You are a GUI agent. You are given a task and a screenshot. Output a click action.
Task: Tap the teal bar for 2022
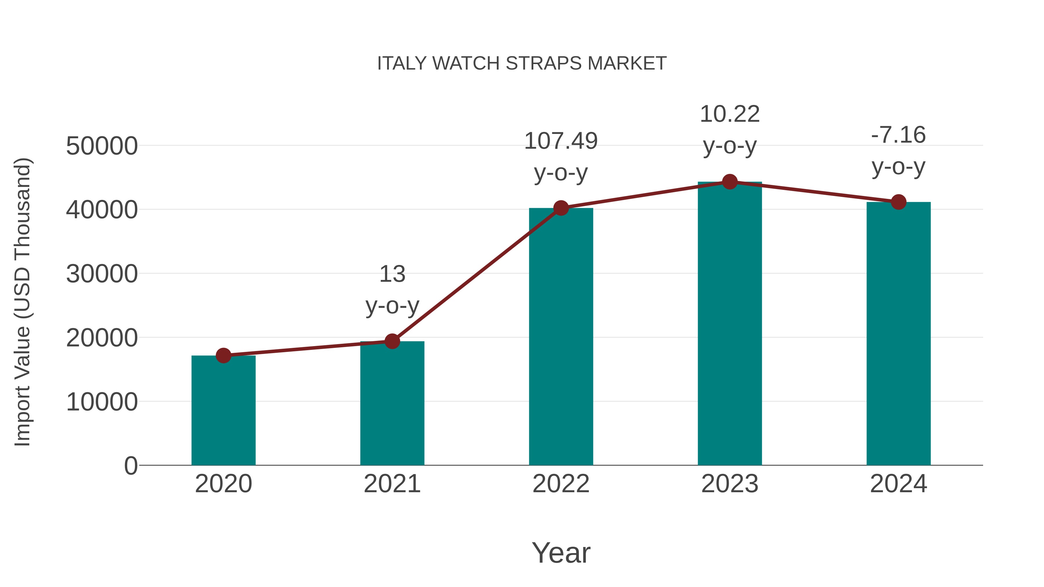click(x=561, y=336)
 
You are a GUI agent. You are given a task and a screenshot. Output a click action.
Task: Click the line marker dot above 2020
click(x=223, y=355)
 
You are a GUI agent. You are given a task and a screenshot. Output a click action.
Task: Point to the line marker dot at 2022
click(x=561, y=208)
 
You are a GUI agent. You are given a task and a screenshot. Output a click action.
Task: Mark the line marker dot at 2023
click(x=730, y=182)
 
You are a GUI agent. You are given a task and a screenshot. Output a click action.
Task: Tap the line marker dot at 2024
click(x=898, y=202)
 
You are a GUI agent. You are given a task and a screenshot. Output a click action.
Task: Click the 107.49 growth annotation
click(x=561, y=141)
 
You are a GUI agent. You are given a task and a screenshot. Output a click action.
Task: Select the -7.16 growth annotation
click(x=898, y=135)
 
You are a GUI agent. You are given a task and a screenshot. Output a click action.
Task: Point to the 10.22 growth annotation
click(x=730, y=114)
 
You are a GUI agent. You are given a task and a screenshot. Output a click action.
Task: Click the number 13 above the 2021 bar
click(x=392, y=274)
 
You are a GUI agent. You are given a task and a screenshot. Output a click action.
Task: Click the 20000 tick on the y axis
click(x=102, y=338)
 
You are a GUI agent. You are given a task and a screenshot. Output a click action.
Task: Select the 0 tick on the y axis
click(x=130, y=466)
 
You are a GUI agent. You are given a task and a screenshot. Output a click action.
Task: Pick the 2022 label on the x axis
click(x=561, y=484)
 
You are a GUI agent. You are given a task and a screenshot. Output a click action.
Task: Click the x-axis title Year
click(x=561, y=553)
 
